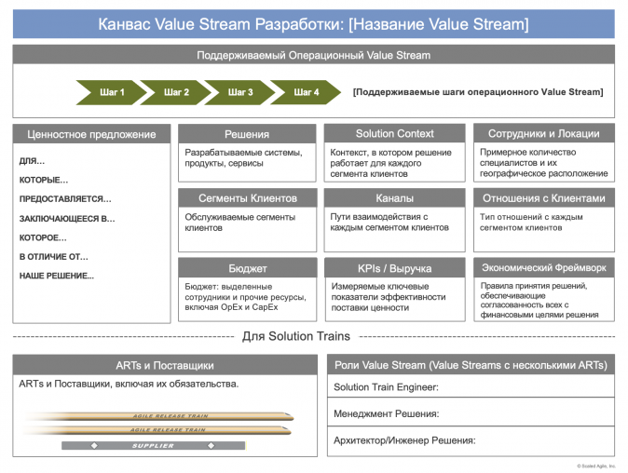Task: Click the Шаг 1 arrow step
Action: [x=113, y=92]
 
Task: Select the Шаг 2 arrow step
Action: [x=176, y=92]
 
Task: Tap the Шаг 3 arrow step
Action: [x=240, y=92]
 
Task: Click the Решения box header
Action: [x=247, y=134]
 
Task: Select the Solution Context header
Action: [x=394, y=134]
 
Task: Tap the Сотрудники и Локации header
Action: [x=543, y=134]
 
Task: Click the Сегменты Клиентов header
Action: [x=247, y=198]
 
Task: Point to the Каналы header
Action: [x=394, y=198]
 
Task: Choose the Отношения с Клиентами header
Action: [x=543, y=198]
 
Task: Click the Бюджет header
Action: [x=247, y=267]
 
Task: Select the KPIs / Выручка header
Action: [x=394, y=267]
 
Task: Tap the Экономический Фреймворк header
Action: [x=543, y=267]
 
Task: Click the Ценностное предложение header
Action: [x=91, y=134]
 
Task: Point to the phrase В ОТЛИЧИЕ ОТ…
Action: [x=54, y=256]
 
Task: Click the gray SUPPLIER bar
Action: [x=154, y=446]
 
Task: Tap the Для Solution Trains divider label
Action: [x=296, y=336]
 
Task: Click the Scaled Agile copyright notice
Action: [x=595, y=466]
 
